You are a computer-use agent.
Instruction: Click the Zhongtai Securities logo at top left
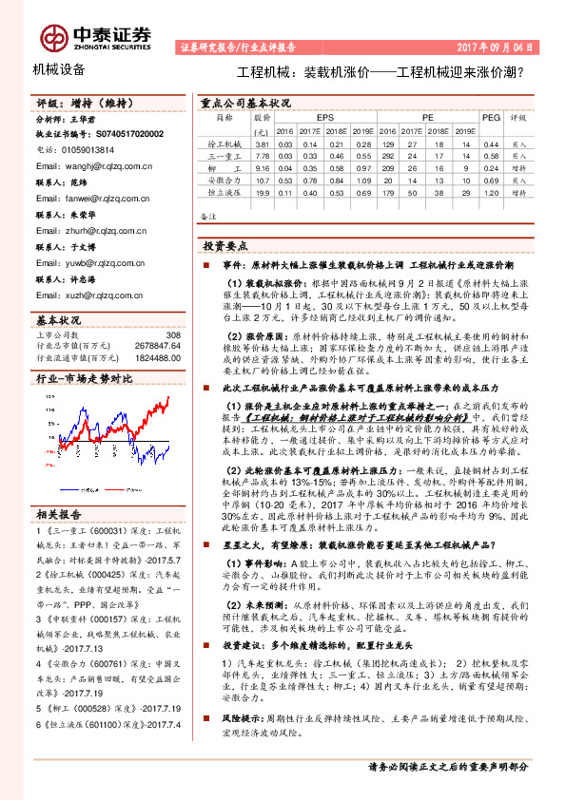tap(94, 35)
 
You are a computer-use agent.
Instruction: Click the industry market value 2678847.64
tap(156, 346)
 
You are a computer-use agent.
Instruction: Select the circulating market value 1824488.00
tap(156, 357)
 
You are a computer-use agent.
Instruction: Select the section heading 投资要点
tap(224, 245)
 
